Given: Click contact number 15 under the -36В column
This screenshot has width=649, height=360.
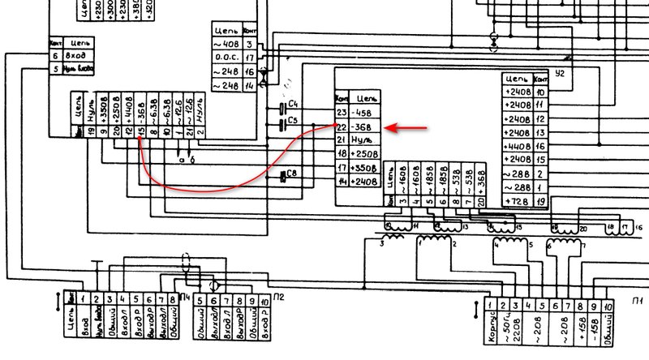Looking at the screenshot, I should click(x=140, y=131).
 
